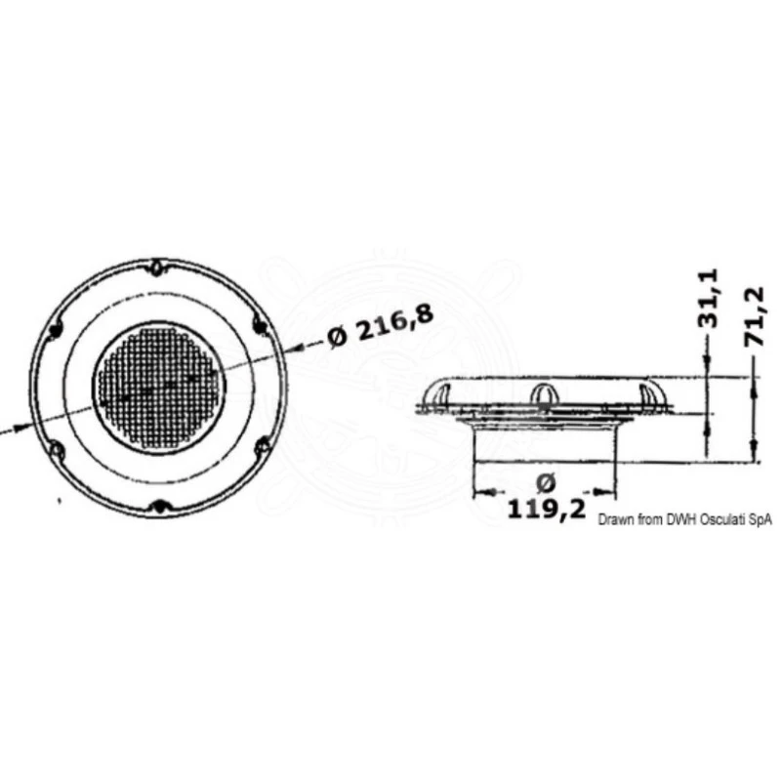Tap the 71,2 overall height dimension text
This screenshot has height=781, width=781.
[764, 310]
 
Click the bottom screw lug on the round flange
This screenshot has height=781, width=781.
[161, 506]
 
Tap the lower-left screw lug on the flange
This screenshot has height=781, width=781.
[57, 449]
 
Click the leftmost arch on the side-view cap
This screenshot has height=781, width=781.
[438, 392]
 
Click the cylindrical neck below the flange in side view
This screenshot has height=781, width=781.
[545, 445]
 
